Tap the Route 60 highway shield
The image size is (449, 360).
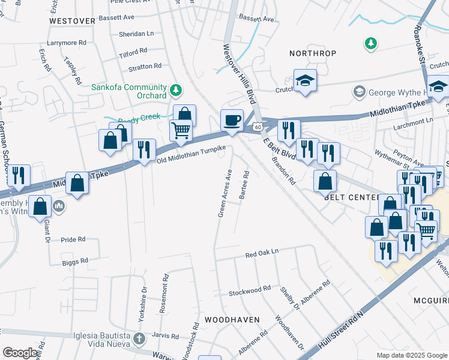[257, 127]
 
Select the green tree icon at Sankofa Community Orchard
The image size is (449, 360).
[175, 91]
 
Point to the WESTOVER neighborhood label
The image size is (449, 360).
[72, 20]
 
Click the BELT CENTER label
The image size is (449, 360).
[351, 197]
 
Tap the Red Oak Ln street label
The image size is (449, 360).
[262, 254]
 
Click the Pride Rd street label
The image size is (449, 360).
[73, 239]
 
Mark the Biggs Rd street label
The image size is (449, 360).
[75, 261]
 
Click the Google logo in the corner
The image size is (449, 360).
[20, 353]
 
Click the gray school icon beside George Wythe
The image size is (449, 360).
[359, 92]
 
